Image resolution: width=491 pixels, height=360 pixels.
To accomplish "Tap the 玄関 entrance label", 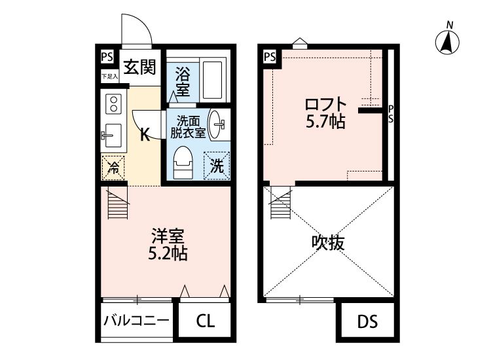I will click(x=139, y=66).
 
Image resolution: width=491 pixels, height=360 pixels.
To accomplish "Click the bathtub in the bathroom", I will click(x=211, y=79).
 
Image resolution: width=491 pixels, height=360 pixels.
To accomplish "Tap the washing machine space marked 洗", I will click(x=215, y=165).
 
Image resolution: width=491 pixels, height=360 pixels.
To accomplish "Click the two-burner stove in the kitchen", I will click(x=113, y=103).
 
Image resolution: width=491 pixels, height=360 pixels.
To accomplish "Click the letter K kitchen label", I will click(x=146, y=135).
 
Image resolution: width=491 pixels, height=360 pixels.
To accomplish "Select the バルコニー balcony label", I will click(x=136, y=321).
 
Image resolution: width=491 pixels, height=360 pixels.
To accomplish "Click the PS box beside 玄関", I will click(x=107, y=57).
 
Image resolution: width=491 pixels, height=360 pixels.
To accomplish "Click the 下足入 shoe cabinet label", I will click(x=109, y=77).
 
